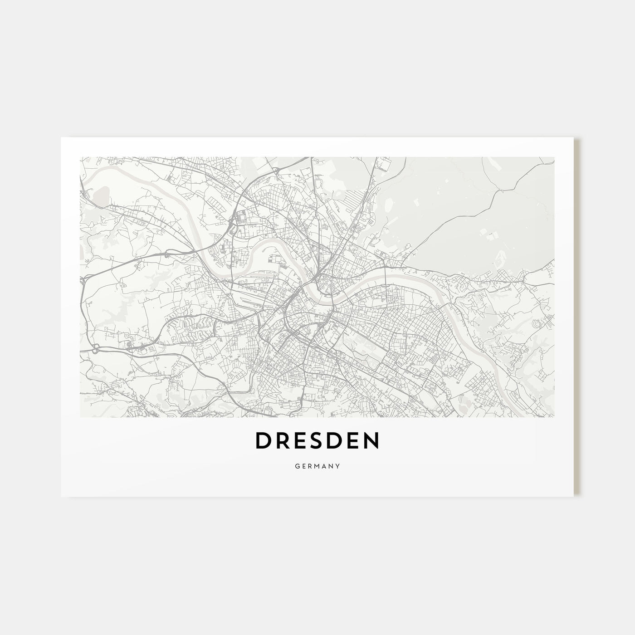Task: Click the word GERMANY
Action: click(x=317, y=465)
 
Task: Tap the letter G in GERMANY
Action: click(x=296, y=465)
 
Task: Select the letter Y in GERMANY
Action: click(x=339, y=465)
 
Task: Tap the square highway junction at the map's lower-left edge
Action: click(x=96, y=349)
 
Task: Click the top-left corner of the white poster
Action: click(x=62, y=138)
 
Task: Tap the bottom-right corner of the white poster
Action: click(x=574, y=496)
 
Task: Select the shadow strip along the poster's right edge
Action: click(x=576, y=317)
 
